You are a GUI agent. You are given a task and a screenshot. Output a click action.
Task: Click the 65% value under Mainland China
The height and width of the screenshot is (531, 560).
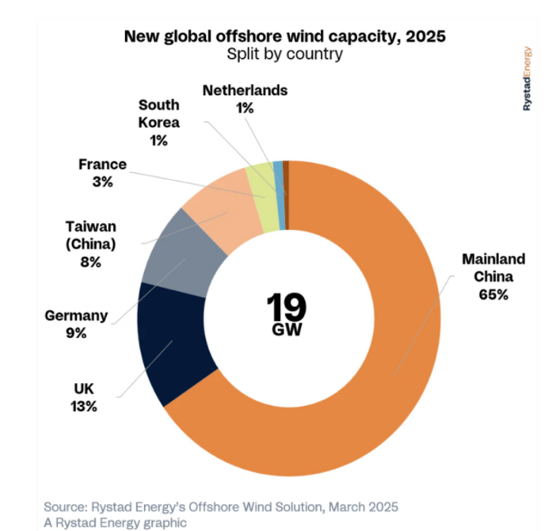point(493,295)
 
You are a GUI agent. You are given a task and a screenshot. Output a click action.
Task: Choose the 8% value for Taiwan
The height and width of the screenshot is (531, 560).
point(90,262)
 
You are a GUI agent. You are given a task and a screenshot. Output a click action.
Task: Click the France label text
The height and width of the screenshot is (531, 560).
point(102,164)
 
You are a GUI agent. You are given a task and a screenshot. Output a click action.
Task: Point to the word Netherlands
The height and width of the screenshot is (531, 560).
point(245,90)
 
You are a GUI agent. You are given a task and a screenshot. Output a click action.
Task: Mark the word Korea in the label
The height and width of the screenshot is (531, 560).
point(159,123)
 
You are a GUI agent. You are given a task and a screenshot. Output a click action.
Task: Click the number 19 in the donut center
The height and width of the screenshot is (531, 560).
point(287,306)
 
